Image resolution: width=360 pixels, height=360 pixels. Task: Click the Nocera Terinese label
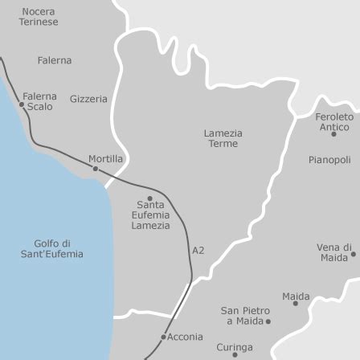point(38,17)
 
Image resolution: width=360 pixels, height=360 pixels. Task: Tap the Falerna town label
point(54,60)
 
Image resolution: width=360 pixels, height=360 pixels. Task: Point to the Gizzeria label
point(88,99)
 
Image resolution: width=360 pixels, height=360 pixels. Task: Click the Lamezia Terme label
point(223,137)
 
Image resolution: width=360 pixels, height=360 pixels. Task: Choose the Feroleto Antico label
point(333,121)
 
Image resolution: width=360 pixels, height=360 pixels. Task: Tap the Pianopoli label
point(329,160)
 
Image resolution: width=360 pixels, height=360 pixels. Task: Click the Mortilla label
point(105,159)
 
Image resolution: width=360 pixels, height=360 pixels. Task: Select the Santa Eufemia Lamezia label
point(150,215)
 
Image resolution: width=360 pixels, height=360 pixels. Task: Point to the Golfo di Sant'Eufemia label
point(52,248)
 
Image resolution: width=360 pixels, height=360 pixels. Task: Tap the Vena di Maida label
point(332,252)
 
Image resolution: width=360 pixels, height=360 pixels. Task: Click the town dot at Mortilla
point(95,169)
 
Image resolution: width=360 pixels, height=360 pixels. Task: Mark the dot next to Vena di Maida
point(353,256)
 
